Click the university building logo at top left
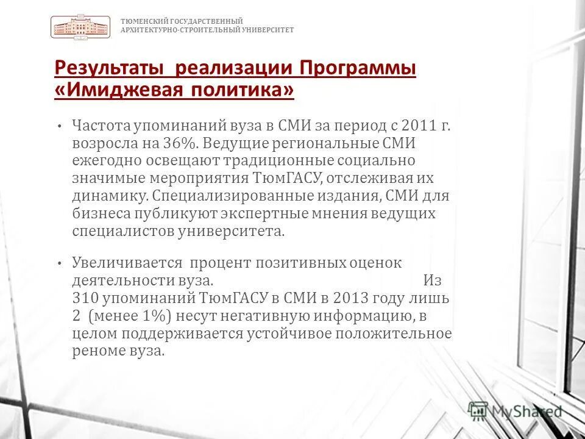pos(80,28)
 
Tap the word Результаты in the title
pos(109,68)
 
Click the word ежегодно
pos(105,161)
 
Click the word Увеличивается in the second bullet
pos(127,263)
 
